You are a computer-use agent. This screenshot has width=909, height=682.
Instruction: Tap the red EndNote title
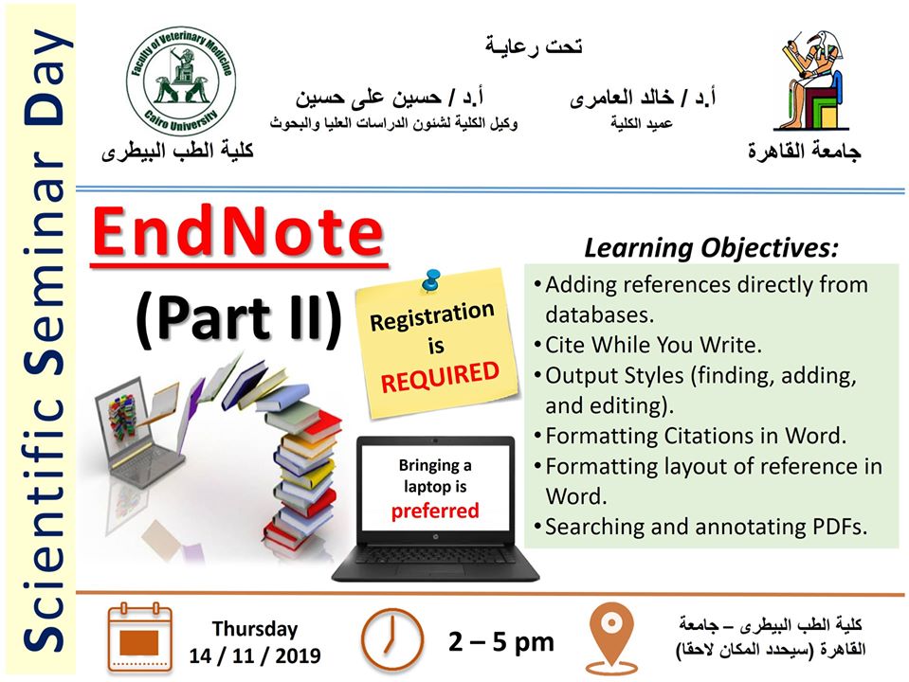[238, 232]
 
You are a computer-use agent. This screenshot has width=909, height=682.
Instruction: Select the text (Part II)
[238, 318]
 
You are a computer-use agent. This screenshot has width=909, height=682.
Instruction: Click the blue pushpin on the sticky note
[430, 280]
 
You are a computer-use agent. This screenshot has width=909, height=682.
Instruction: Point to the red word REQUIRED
[440, 377]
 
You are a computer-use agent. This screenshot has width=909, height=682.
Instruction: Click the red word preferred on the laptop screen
[435, 511]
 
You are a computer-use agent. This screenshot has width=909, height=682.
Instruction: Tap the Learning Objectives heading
[711, 248]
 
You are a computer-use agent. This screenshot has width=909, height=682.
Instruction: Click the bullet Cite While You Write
[647, 345]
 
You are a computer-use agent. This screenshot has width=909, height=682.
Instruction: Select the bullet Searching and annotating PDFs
[700, 527]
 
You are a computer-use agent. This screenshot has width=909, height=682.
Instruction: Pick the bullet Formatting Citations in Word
[690, 436]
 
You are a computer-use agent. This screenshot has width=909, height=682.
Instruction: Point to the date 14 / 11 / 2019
[254, 655]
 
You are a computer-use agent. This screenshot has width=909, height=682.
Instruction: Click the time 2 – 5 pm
[500, 641]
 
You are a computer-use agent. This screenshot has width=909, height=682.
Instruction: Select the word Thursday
[254, 629]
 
